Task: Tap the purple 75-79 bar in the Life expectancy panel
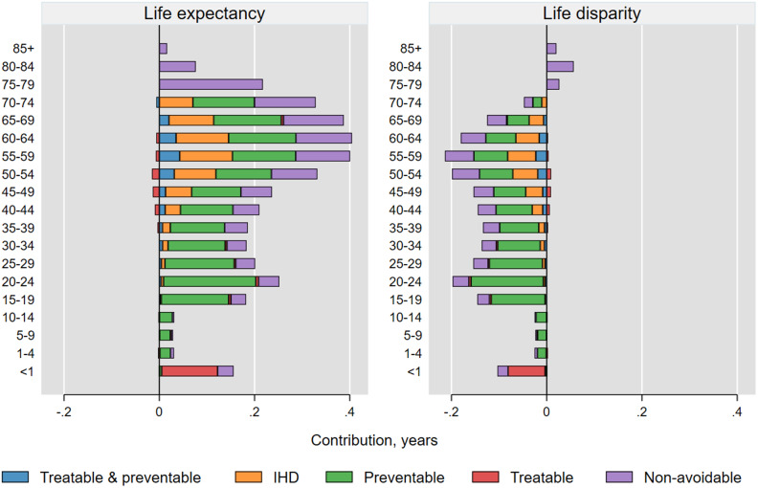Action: pos(211,84)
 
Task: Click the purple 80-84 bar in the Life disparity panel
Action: pos(560,66)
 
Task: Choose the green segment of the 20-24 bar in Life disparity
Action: pos(507,280)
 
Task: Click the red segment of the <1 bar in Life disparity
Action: pos(526,370)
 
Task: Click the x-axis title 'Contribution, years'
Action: pos(374,440)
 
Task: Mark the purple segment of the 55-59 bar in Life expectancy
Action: pos(323,156)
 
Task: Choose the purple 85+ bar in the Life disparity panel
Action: pos(551,48)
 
